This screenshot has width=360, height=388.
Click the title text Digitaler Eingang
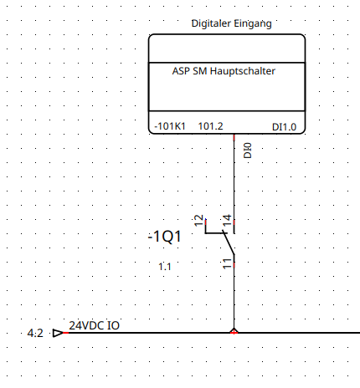231,23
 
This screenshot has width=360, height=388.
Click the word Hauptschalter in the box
243,71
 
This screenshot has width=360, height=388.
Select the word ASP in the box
181,71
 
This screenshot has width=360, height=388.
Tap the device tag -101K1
170,126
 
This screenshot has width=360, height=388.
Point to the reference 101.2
211,126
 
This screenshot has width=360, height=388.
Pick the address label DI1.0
284,127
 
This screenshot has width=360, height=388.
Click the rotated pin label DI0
248,151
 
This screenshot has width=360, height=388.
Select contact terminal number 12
198,221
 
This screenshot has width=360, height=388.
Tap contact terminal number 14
227,221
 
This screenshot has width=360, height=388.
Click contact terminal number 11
227,263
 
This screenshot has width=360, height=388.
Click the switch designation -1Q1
165,237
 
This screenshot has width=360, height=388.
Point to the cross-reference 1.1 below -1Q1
165,267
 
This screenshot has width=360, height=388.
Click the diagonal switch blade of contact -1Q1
229,242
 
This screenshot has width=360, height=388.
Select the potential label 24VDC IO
95,325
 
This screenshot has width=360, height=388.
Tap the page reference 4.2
35,333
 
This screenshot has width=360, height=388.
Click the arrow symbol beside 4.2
58,333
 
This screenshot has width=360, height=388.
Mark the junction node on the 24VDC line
234,332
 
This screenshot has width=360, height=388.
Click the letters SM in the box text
200,71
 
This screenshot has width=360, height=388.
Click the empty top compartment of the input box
227,48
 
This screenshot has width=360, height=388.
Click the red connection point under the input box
234,137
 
